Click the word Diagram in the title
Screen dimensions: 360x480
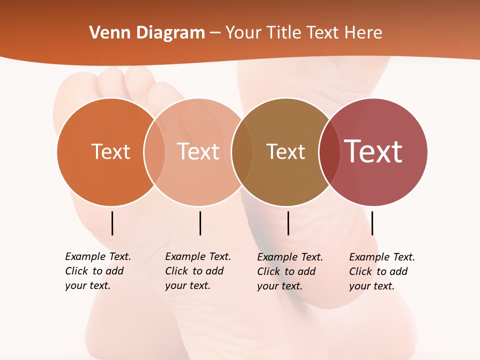(x=170, y=33)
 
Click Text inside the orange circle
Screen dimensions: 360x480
(x=110, y=151)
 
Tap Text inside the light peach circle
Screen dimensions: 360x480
(x=198, y=151)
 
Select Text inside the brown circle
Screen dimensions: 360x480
(x=285, y=151)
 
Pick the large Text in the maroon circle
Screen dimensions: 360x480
(x=373, y=151)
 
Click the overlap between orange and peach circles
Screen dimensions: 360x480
(x=154, y=152)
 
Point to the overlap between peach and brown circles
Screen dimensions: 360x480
(x=242, y=152)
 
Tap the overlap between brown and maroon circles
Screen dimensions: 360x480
(x=329, y=152)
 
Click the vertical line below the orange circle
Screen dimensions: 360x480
(x=112, y=223)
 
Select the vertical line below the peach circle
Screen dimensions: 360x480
(x=200, y=223)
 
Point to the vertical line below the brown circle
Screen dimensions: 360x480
(x=288, y=223)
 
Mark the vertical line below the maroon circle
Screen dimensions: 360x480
(x=372, y=223)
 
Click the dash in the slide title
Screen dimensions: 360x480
(x=215, y=33)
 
